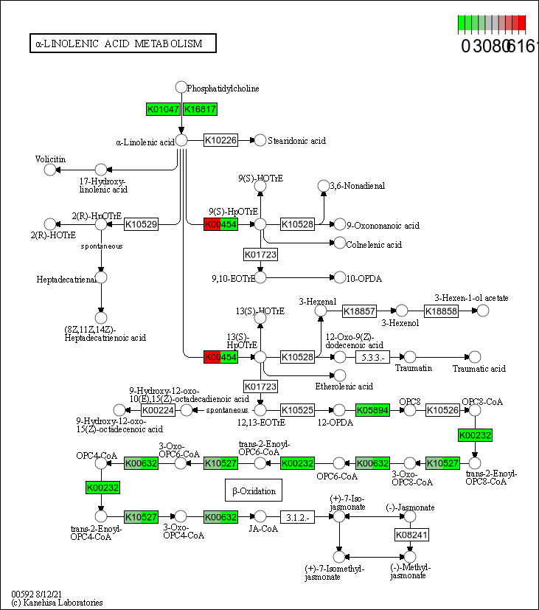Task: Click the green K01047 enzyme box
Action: coord(164,109)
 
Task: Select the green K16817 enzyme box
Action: coord(200,109)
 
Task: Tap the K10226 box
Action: coord(221,140)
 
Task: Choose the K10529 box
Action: coord(141,223)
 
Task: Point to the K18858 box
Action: coord(442,311)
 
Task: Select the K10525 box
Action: coord(298,409)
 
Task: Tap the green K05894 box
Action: coord(372,409)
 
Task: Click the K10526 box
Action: coord(443,409)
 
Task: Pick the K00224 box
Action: coord(157,409)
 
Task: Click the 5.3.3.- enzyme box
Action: coord(372,357)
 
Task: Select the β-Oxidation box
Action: coord(254,491)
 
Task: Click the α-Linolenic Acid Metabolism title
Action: coord(122,44)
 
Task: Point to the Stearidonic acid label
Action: coord(296,140)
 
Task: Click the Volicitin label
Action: coord(50,159)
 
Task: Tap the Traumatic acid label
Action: coord(479,368)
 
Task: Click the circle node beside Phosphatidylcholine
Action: coord(181,88)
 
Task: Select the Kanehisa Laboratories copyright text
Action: coord(58,602)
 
